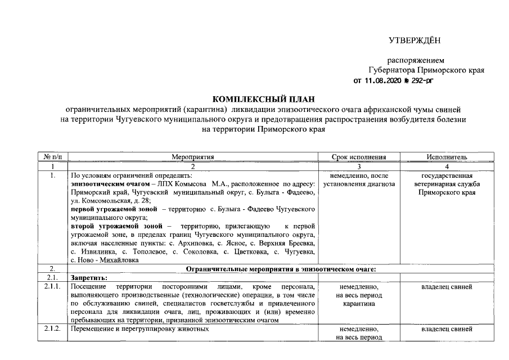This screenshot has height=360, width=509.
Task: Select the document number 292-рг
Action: pyautogui.click(x=421, y=80)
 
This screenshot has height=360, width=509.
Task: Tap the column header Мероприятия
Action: pyautogui.click(x=193, y=157)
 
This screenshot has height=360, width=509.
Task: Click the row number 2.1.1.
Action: pyautogui.click(x=52, y=287)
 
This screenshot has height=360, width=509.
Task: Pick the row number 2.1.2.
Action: pyautogui.click(x=52, y=329)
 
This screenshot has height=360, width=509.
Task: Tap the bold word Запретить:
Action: pyautogui.click(x=89, y=278)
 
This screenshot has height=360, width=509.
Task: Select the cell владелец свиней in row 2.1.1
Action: pyautogui.click(x=447, y=287)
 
